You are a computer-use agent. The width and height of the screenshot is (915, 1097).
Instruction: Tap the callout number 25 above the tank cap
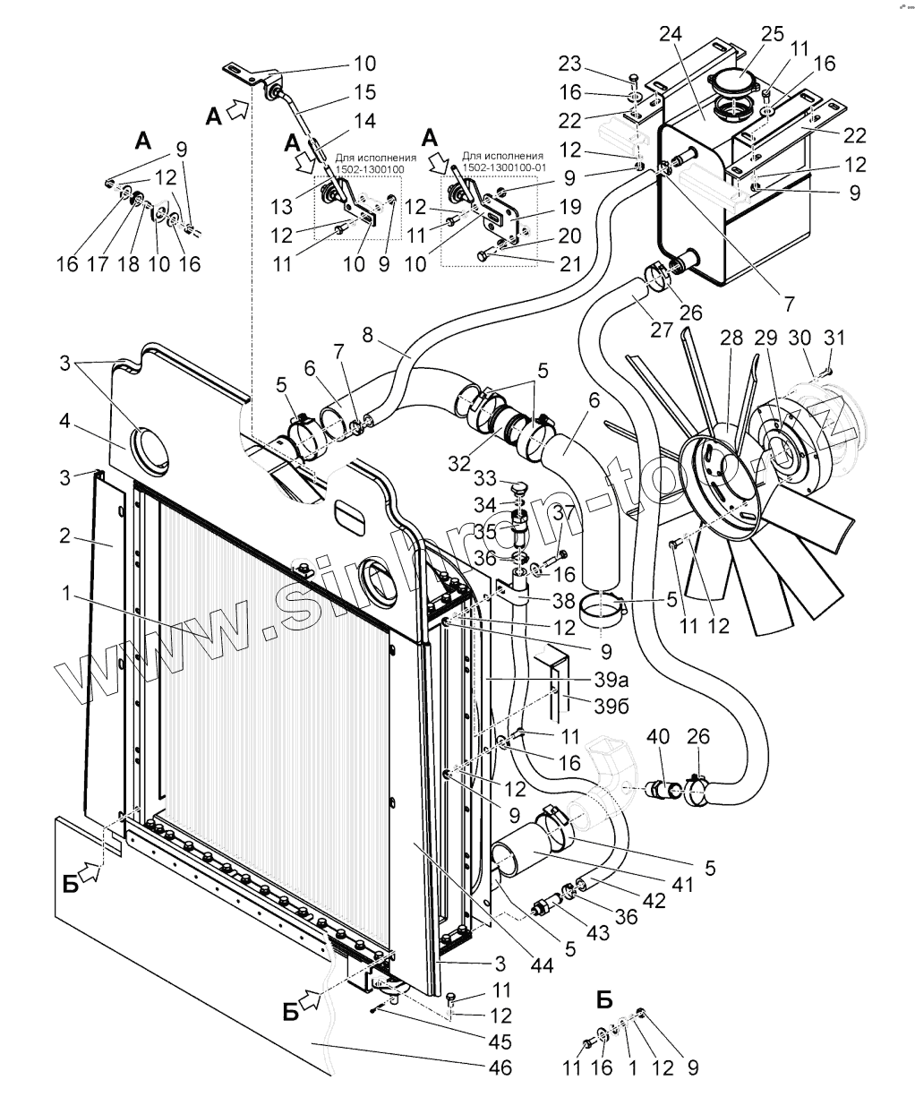(772, 33)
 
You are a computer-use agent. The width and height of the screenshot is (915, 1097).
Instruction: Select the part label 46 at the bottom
(500, 1067)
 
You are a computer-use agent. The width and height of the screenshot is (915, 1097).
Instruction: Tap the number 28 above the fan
(731, 339)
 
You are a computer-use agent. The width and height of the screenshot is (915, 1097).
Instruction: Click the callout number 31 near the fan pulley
(834, 339)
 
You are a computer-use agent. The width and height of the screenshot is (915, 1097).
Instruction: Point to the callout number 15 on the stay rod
(363, 91)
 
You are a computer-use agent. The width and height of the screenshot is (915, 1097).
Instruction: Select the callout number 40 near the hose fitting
(658, 736)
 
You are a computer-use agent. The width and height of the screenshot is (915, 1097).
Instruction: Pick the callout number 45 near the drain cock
(500, 1041)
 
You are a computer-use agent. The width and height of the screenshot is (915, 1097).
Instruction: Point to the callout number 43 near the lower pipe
(597, 932)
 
